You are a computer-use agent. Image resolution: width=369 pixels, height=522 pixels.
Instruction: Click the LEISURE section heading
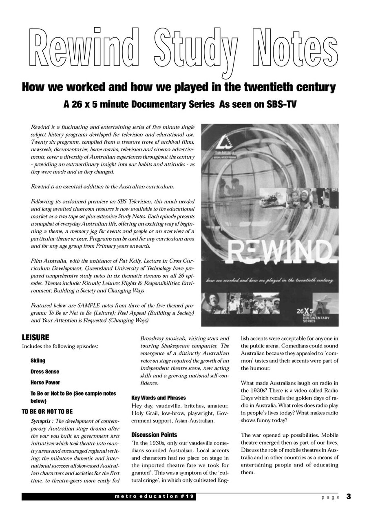(x=35, y=337)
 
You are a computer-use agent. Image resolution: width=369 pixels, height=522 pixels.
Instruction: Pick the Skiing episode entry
(x=38, y=361)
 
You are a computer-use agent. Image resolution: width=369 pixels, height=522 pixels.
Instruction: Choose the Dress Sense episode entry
(x=45, y=372)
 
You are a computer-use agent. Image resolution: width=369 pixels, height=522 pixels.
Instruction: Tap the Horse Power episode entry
(x=45, y=383)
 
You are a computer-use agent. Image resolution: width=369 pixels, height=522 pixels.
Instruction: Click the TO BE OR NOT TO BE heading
(x=47, y=411)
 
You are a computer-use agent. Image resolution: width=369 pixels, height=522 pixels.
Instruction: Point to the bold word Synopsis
(x=42, y=420)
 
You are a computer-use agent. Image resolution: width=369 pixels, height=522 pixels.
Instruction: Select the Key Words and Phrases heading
(x=159, y=398)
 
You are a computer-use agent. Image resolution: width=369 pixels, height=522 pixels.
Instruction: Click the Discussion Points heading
(x=154, y=434)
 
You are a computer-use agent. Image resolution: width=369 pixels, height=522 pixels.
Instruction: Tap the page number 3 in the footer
(x=349, y=497)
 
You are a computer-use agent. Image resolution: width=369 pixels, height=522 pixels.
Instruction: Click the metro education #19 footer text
(x=155, y=497)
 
